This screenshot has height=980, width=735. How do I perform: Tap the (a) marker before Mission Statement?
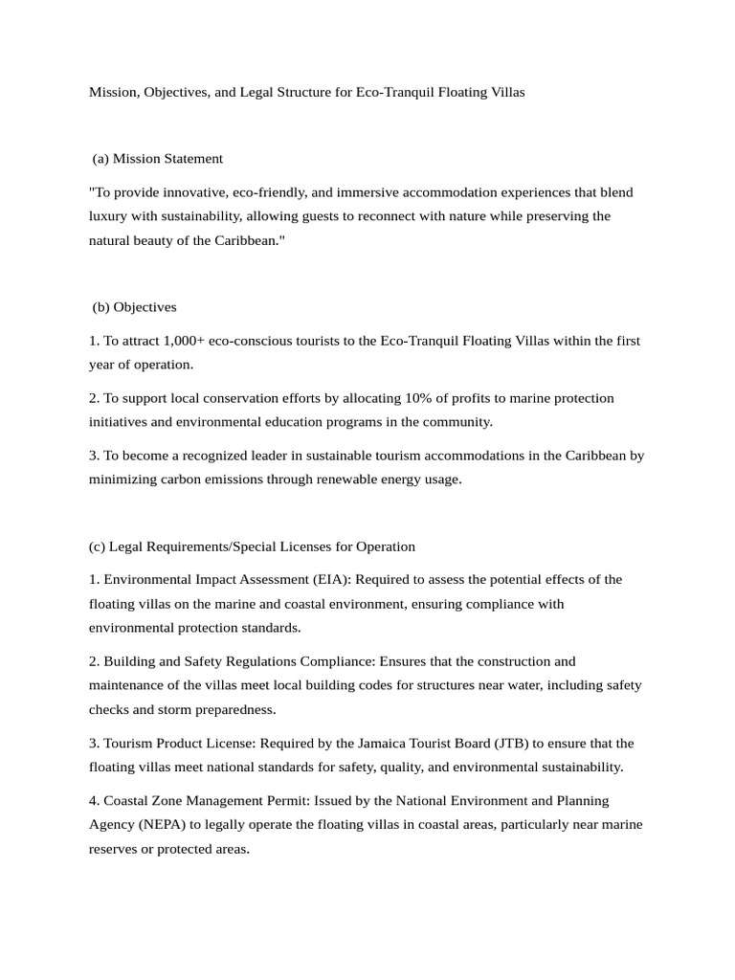(100, 158)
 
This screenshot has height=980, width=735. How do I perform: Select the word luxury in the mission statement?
(109, 216)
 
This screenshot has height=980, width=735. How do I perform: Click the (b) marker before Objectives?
(101, 307)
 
